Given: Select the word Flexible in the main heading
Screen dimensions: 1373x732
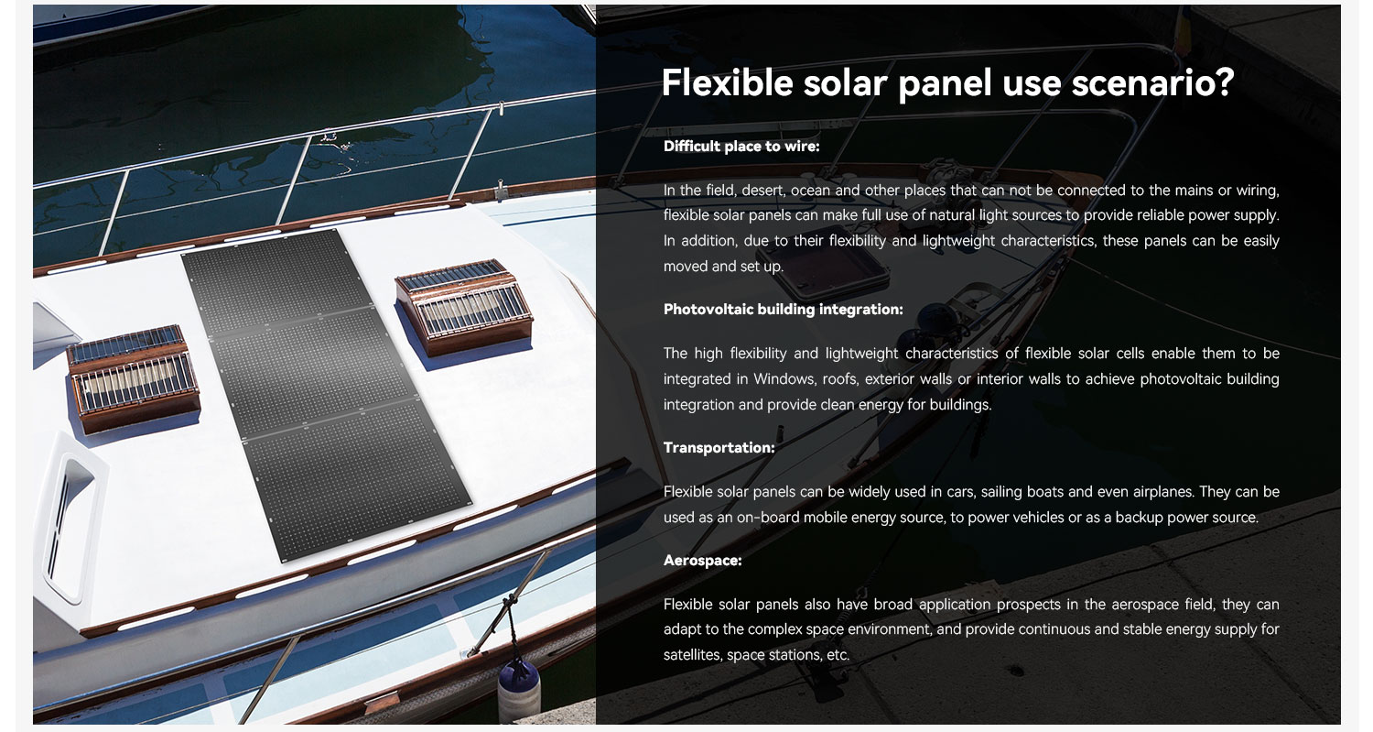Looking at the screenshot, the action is tap(728, 82).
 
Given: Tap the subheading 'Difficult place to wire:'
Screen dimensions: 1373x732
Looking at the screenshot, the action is tap(741, 146).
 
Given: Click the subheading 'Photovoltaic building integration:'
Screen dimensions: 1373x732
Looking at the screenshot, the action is tap(783, 310).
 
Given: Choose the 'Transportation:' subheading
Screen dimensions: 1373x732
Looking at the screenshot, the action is tap(719, 447).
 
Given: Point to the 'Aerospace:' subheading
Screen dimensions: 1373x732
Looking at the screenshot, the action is tap(702, 560).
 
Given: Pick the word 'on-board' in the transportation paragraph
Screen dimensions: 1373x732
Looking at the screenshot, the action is tap(767, 518).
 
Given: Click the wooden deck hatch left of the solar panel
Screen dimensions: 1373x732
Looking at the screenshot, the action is tap(133, 377).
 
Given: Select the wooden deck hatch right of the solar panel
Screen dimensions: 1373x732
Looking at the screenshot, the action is tap(464, 306).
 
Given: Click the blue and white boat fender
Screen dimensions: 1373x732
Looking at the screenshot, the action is tap(519, 691).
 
